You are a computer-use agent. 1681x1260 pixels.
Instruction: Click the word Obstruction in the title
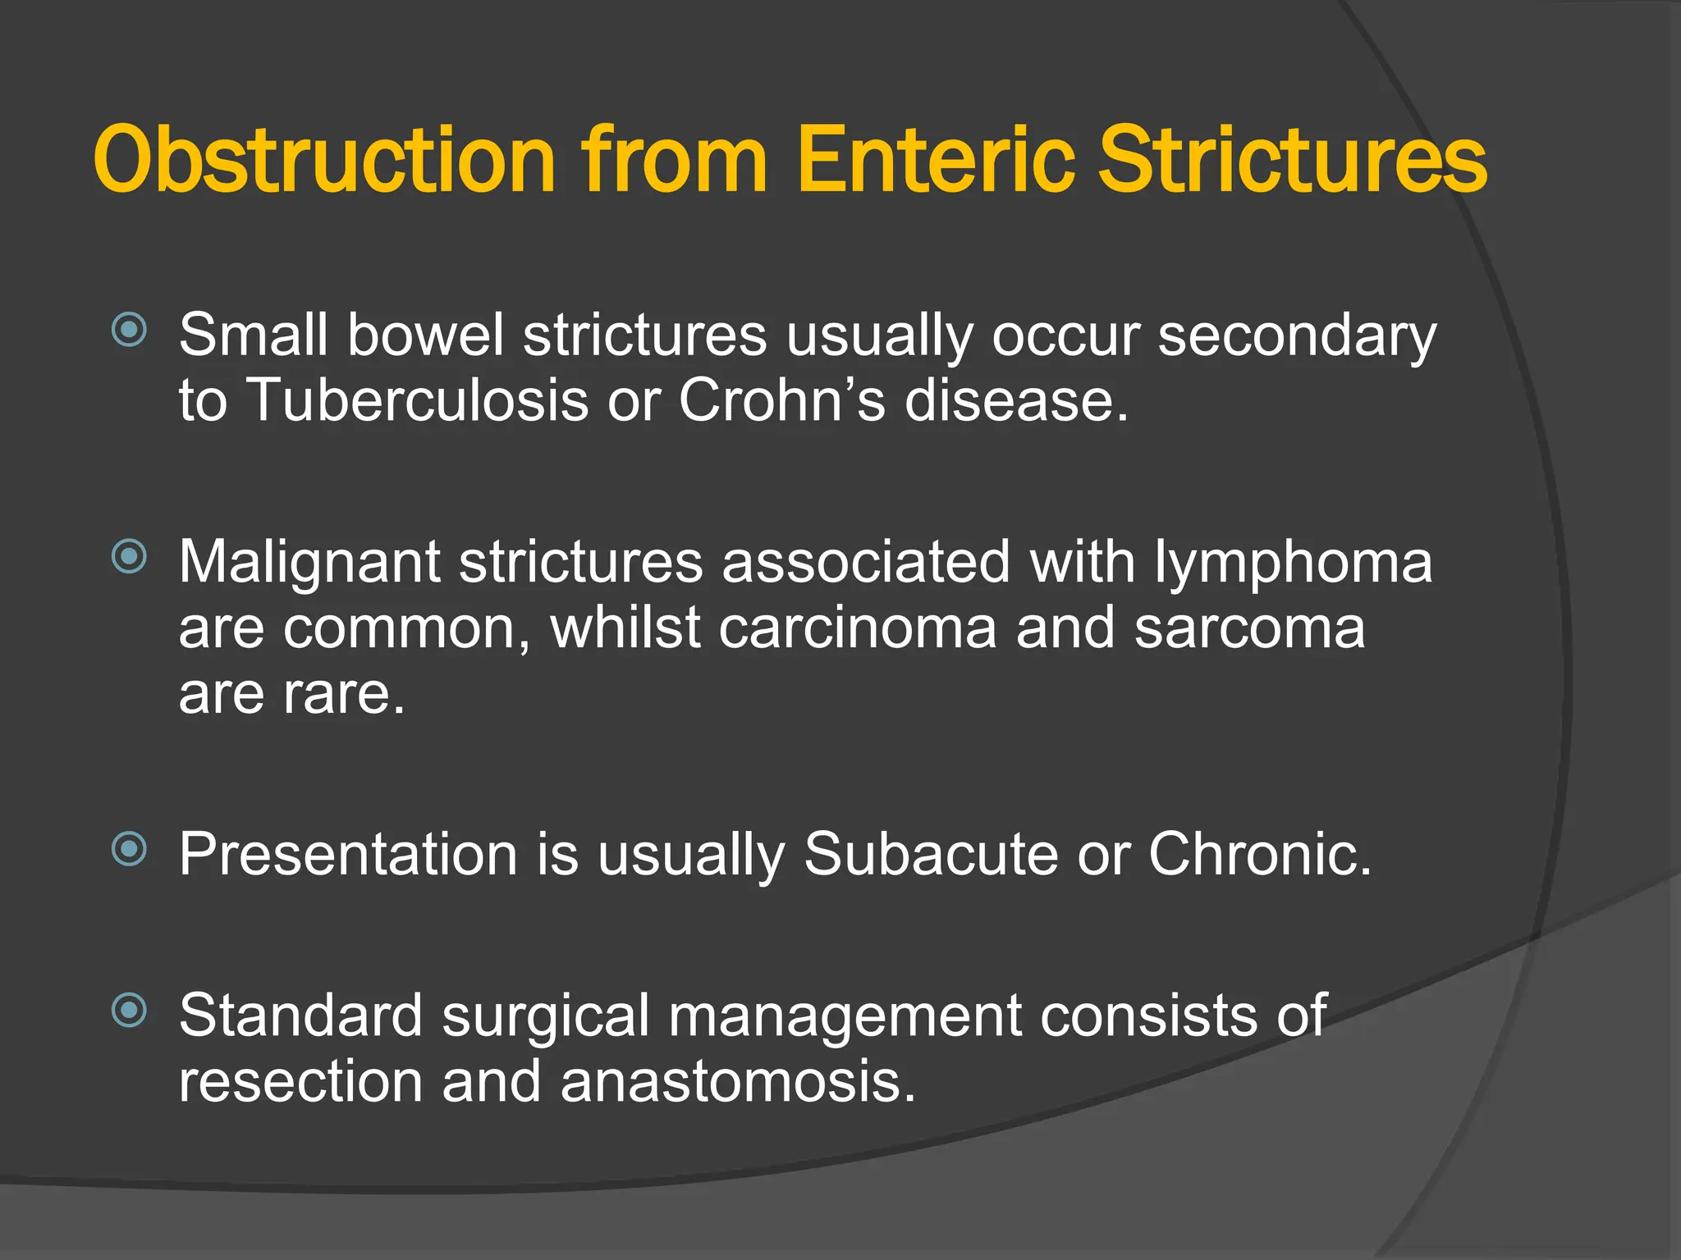(x=325, y=160)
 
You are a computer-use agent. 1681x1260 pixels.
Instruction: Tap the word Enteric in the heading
(x=935, y=160)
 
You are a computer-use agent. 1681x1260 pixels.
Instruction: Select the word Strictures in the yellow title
(x=1293, y=160)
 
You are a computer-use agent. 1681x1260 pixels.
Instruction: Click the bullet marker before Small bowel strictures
(x=129, y=331)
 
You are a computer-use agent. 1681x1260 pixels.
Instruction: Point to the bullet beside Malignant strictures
(x=129, y=557)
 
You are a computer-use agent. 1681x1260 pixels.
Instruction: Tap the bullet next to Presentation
(x=129, y=849)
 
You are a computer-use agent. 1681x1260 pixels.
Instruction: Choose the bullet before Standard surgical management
(x=129, y=1010)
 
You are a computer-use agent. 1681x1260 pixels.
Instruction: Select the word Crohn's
(x=782, y=401)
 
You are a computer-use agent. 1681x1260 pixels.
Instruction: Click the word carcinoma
(x=858, y=628)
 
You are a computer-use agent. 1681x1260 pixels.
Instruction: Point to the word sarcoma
(x=1250, y=628)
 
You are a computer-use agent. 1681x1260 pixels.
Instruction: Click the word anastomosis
(x=737, y=1082)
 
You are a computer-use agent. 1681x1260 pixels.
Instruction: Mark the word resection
(x=300, y=1082)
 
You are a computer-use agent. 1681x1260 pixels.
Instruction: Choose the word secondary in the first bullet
(x=1297, y=336)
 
